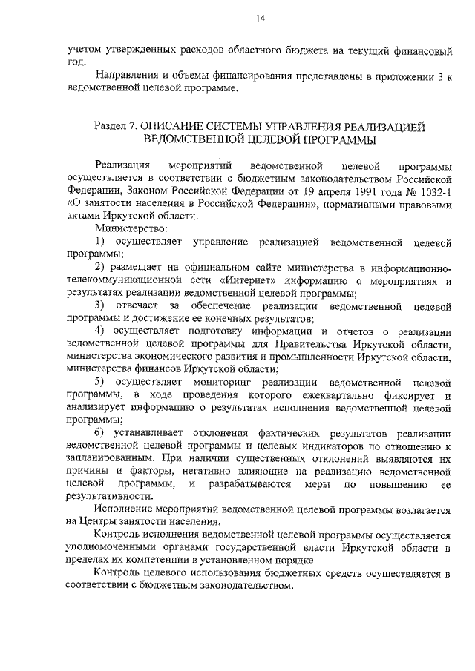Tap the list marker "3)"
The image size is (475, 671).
pyautogui.click(x=101, y=305)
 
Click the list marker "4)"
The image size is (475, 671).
pyautogui.click(x=101, y=331)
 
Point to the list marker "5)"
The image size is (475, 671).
pyautogui.click(x=101, y=382)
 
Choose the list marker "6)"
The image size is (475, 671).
pyautogui.click(x=101, y=433)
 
